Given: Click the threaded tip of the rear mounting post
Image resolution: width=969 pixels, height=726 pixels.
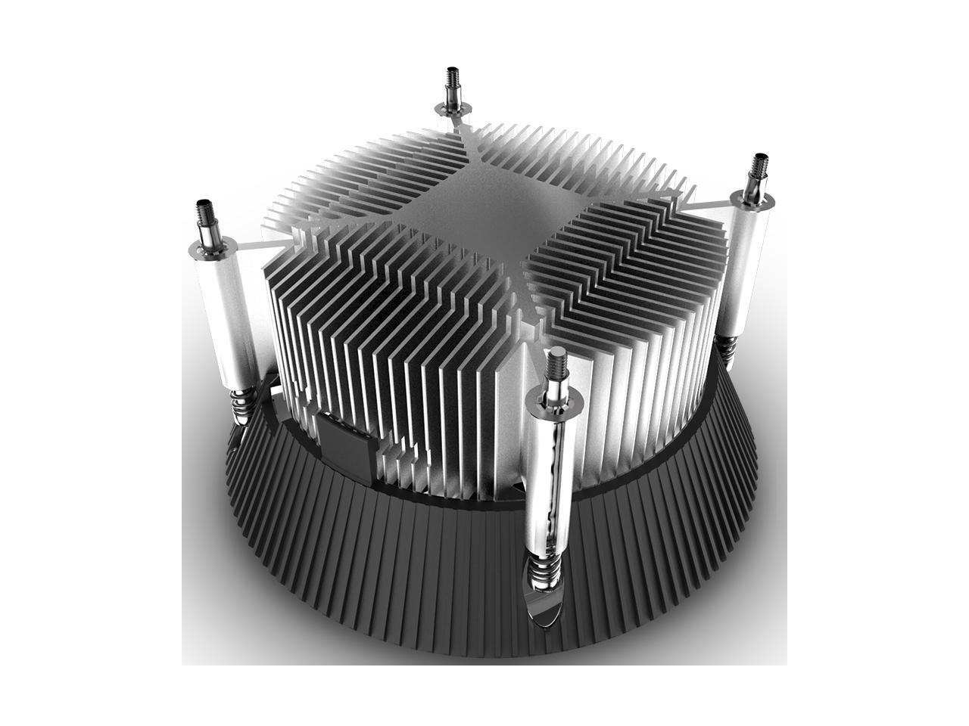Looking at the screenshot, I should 452,79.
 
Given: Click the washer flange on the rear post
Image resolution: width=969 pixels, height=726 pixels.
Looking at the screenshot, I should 453,111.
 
